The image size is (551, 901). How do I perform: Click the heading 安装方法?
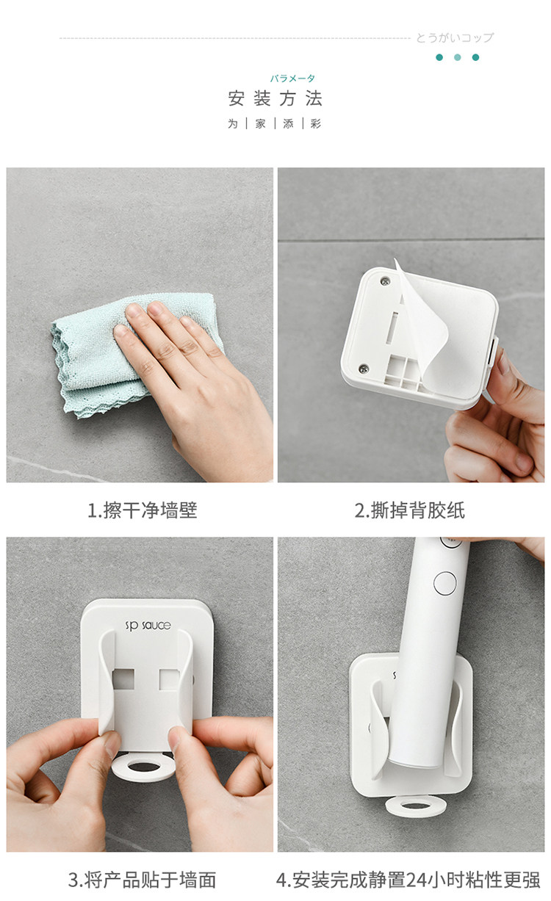pyautogui.click(x=275, y=98)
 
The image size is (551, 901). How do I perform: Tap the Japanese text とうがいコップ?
pyautogui.click(x=455, y=37)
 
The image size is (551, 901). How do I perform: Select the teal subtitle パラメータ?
pyautogui.click(x=292, y=78)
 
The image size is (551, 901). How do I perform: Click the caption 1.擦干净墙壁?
pyautogui.click(x=143, y=510)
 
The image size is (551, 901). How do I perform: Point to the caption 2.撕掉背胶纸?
pyautogui.click(x=410, y=510)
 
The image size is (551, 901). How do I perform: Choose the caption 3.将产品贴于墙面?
pyautogui.click(x=142, y=880)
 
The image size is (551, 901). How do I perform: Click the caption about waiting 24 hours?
pyautogui.click(x=408, y=880)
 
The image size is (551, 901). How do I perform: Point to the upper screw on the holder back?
pyautogui.click(x=385, y=281)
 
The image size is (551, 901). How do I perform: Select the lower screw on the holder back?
pyautogui.click(x=364, y=368)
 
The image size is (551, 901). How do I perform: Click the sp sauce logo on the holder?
pyautogui.click(x=148, y=626)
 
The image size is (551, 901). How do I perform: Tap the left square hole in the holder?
pyautogui.click(x=123, y=679)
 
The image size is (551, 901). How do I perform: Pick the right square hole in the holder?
pyautogui.click(x=169, y=679)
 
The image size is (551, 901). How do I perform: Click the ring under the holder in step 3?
pyautogui.click(x=144, y=767)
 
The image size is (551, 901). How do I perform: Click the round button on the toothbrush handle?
pyautogui.click(x=445, y=582)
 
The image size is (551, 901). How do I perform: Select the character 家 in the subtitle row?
pyautogui.click(x=260, y=124)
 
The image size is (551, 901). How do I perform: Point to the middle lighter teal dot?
pyautogui.click(x=457, y=57)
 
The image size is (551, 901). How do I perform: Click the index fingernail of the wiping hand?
pyautogui.click(x=120, y=330)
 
